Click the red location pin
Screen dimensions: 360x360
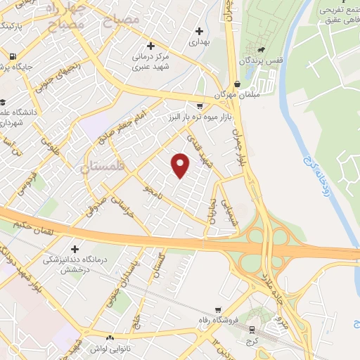click(181, 165)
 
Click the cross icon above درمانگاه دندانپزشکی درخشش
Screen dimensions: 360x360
click(75, 248)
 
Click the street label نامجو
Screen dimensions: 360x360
click(153, 191)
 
